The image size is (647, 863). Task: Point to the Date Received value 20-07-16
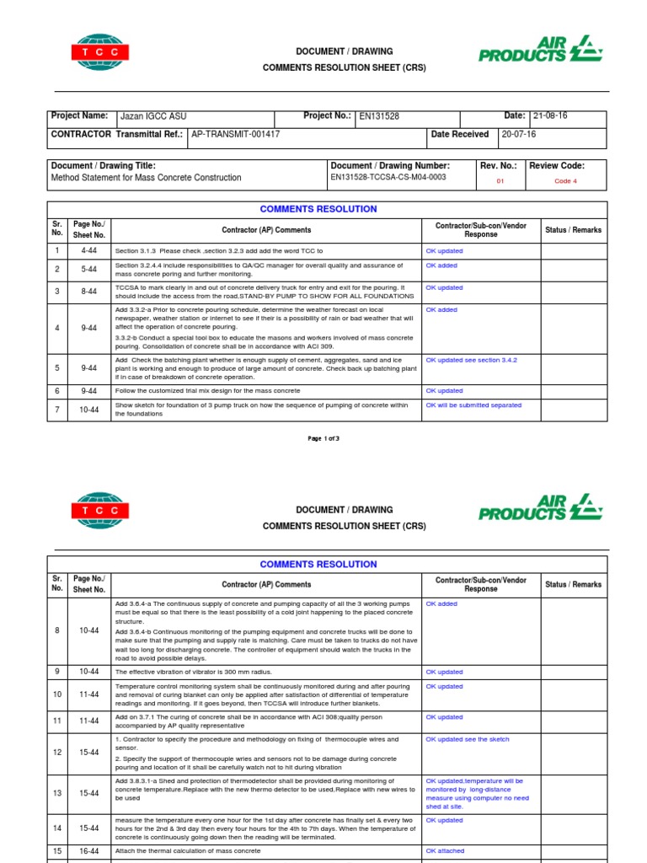[518, 134]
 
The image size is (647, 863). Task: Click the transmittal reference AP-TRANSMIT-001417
[236, 134]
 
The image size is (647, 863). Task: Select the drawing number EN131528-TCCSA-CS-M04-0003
[388, 178]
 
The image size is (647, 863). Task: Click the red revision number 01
[500, 180]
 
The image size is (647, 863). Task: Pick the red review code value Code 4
[565, 180]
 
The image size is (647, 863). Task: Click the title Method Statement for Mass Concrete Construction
[146, 178]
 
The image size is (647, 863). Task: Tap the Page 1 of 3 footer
[323, 439]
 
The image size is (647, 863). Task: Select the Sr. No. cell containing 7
[57, 410]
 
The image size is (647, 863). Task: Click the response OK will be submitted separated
[473, 405]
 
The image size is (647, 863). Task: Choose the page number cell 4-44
[89, 251]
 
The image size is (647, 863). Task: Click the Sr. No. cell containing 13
[57, 793]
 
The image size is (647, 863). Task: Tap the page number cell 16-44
[89, 851]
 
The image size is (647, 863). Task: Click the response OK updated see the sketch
[468, 740]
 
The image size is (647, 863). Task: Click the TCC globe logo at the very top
[99, 51]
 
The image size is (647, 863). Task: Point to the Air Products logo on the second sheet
[540, 510]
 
